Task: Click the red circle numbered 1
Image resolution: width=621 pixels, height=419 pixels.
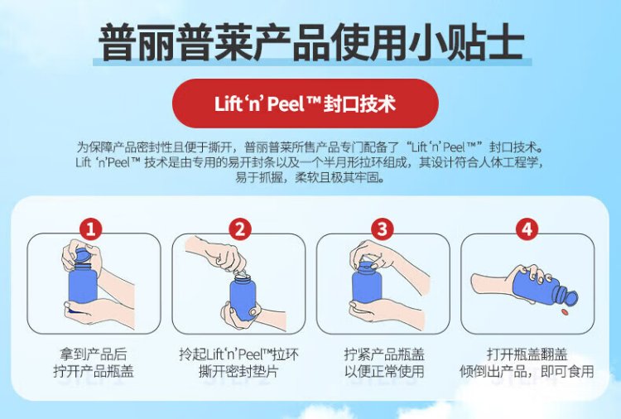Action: (x=91, y=229)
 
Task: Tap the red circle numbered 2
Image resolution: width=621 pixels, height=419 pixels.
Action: (x=240, y=229)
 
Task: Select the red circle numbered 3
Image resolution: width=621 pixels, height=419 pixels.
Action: (x=382, y=229)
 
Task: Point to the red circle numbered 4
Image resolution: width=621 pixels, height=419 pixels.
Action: (x=527, y=229)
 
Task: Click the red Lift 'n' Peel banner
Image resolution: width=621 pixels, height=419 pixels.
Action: (x=306, y=104)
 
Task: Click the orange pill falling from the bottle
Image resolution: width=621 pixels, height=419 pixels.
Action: (x=565, y=313)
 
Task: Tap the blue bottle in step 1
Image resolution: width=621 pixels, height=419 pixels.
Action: (x=83, y=286)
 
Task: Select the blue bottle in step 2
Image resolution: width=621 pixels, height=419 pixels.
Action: (x=242, y=297)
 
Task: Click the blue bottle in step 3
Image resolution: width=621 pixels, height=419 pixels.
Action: (x=367, y=283)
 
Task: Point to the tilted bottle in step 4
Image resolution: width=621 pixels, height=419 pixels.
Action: (x=539, y=288)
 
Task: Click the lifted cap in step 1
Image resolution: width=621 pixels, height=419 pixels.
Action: (x=82, y=253)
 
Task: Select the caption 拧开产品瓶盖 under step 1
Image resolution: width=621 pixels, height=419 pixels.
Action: (x=94, y=372)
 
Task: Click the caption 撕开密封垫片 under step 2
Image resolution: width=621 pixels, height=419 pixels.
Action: (x=238, y=372)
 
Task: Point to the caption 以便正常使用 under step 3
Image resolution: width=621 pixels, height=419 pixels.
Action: (x=384, y=372)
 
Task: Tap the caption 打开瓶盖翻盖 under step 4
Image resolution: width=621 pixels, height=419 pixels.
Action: (x=527, y=354)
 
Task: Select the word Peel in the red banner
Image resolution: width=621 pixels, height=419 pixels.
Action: (x=285, y=104)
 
